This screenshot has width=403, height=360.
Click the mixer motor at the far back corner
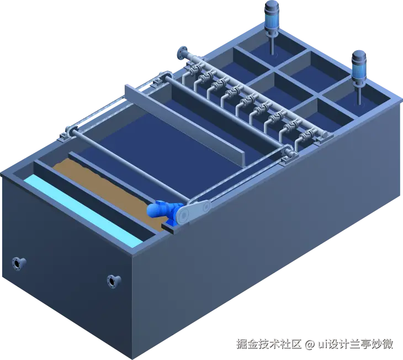point(272,15)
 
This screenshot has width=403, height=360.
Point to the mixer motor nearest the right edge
point(359,66)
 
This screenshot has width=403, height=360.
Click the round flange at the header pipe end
point(183,53)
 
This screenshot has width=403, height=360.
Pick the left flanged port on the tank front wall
point(19,263)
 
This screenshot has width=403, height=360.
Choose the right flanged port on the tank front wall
point(114,281)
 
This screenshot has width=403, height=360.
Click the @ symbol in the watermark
point(310,345)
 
